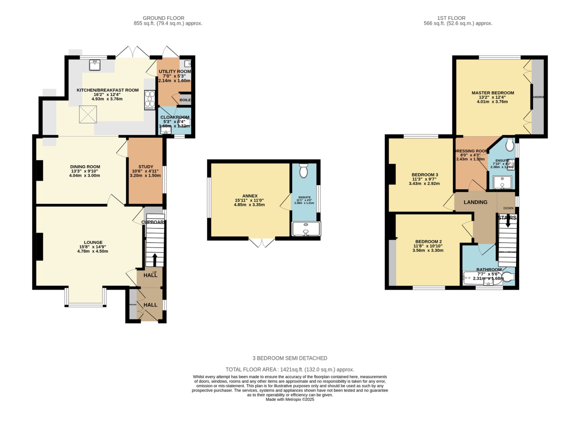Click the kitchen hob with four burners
pyautogui.click(x=150, y=100)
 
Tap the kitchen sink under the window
pyautogui.click(x=95, y=65)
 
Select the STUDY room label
pyautogui.click(x=146, y=167)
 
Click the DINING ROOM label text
pyautogui.click(x=85, y=167)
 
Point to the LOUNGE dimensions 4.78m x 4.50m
pyautogui.click(x=93, y=251)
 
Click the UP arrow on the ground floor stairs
pyautogui.click(x=155, y=259)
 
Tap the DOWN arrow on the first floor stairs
pyautogui.click(x=508, y=221)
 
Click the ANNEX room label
pyautogui.click(x=250, y=196)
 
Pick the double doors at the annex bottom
pyautogui.click(x=262, y=243)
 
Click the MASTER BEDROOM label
pyautogui.click(x=493, y=93)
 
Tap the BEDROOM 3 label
pyautogui.click(x=425, y=175)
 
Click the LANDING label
pyautogui.click(x=475, y=202)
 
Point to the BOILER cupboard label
pyautogui.click(x=185, y=100)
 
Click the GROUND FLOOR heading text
pyautogui.click(x=163, y=18)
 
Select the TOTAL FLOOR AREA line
pyautogui.click(x=290, y=370)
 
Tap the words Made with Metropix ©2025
pyautogui.click(x=290, y=399)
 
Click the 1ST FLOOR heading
pyautogui.click(x=451, y=18)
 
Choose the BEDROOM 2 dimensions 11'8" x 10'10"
pyautogui.click(x=428, y=246)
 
